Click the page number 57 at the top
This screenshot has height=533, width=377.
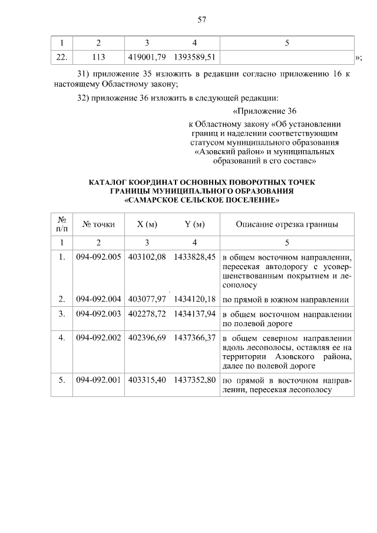pyautogui.click(x=201, y=19)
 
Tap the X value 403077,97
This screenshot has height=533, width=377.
pyautogui.click(x=147, y=299)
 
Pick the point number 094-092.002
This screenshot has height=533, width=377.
pyautogui.click(x=98, y=337)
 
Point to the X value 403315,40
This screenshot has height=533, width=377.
pyautogui.click(x=147, y=380)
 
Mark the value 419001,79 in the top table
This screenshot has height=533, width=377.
pyautogui.click(x=147, y=57)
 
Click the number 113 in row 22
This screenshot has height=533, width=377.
pyautogui.click(x=98, y=57)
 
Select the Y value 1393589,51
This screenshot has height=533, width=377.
pyautogui.click(x=195, y=57)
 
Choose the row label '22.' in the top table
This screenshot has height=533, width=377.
pyautogui.click(x=62, y=57)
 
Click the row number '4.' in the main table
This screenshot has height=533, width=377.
pyautogui.click(x=62, y=337)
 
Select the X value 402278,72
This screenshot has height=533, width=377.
pyautogui.click(x=147, y=314)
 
